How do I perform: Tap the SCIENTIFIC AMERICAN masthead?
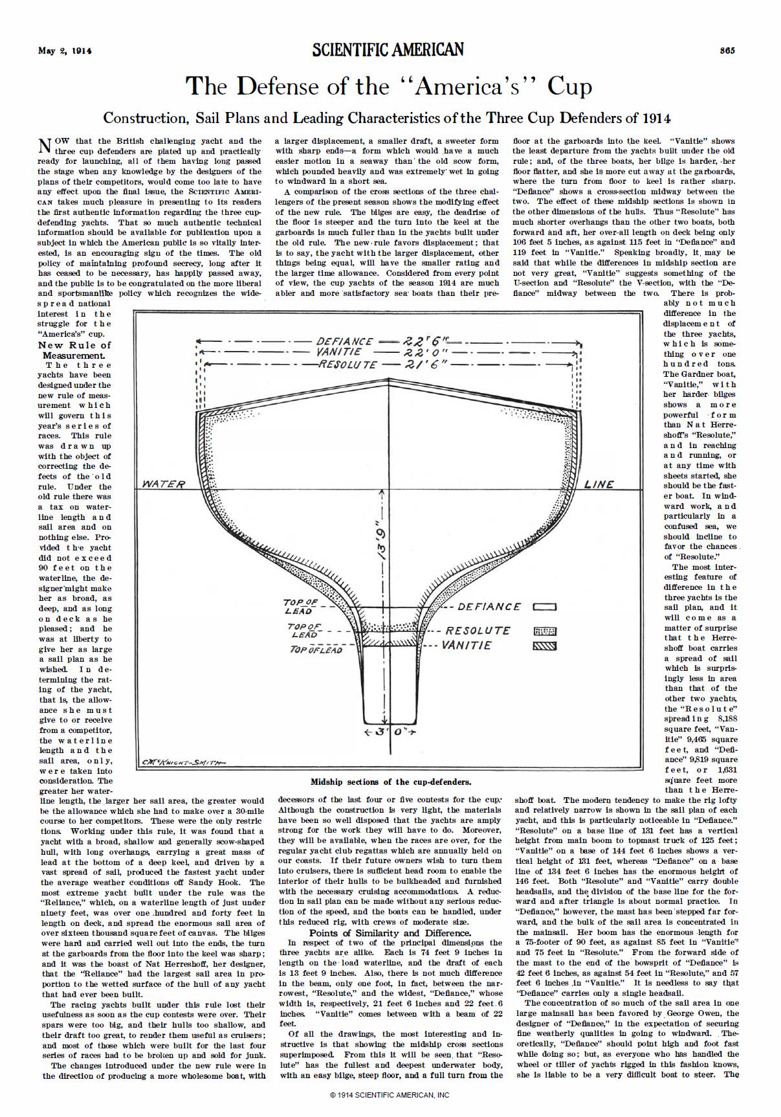pos(388,50)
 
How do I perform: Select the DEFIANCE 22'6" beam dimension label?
pos(388,342)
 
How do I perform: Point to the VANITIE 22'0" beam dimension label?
pos(388,352)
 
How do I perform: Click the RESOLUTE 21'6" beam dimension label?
pos(388,365)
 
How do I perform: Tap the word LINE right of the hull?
pos(599,484)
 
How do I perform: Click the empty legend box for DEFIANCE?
pos(544,607)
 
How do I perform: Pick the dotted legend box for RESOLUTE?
pos(544,631)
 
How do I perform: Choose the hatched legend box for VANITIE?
pos(544,646)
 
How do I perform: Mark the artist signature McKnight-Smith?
pos(183,762)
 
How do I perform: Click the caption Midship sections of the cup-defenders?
pos(391,782)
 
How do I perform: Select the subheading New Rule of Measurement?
pos(74,350)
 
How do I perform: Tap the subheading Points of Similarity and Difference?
pos(390,933)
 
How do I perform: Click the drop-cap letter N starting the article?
pos(45,146)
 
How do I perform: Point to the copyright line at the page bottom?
pos(390,1095)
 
